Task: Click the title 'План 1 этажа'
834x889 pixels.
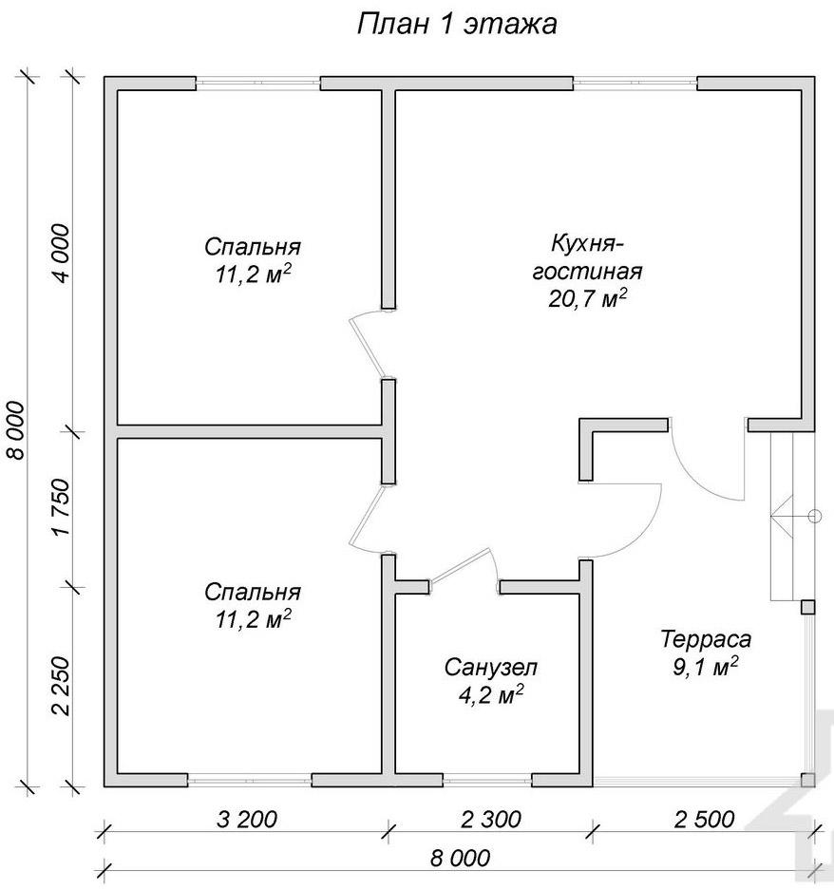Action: [x=457, y=25]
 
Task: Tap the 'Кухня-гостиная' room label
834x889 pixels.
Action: [x=587, y=258]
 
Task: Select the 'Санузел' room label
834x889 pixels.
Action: [x=490, y=668]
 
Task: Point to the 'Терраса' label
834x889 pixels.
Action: [x=706, y=639]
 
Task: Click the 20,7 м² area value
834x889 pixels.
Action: [x=587, y=298]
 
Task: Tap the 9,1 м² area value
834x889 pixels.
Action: [x=706, y=666]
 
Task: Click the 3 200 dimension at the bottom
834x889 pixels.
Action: [x=247, y=819]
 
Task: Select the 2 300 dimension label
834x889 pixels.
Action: [x=491, y=819]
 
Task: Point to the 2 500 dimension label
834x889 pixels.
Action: [x=704, y=819]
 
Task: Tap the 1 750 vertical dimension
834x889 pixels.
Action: [x=61, y=507]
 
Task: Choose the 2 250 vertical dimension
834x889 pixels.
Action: [x=61, y=686]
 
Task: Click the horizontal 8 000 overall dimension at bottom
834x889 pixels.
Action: [x=460, y=858]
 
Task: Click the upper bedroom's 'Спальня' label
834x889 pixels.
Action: [x=253, y=247]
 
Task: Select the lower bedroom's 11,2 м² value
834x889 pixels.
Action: [x=253, y=619]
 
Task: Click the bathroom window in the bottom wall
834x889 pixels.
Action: [x=487, y=780]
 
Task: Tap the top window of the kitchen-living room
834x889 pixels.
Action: [x=635, y=84]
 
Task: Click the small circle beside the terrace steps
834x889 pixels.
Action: [x=814, y=516]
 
